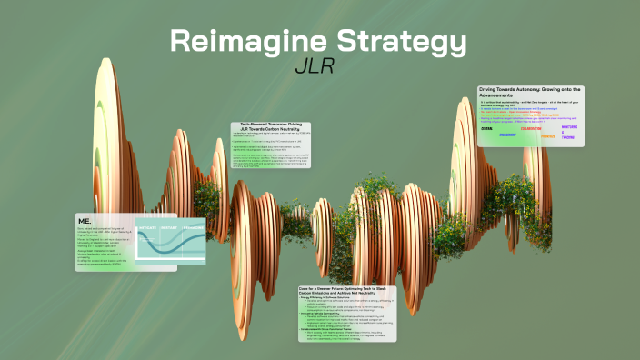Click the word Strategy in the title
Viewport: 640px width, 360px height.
(400, 42)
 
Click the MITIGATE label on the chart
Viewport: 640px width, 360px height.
(148, 227)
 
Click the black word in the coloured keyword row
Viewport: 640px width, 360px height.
(487, 129)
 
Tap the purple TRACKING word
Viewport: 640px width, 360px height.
(568, 138)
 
